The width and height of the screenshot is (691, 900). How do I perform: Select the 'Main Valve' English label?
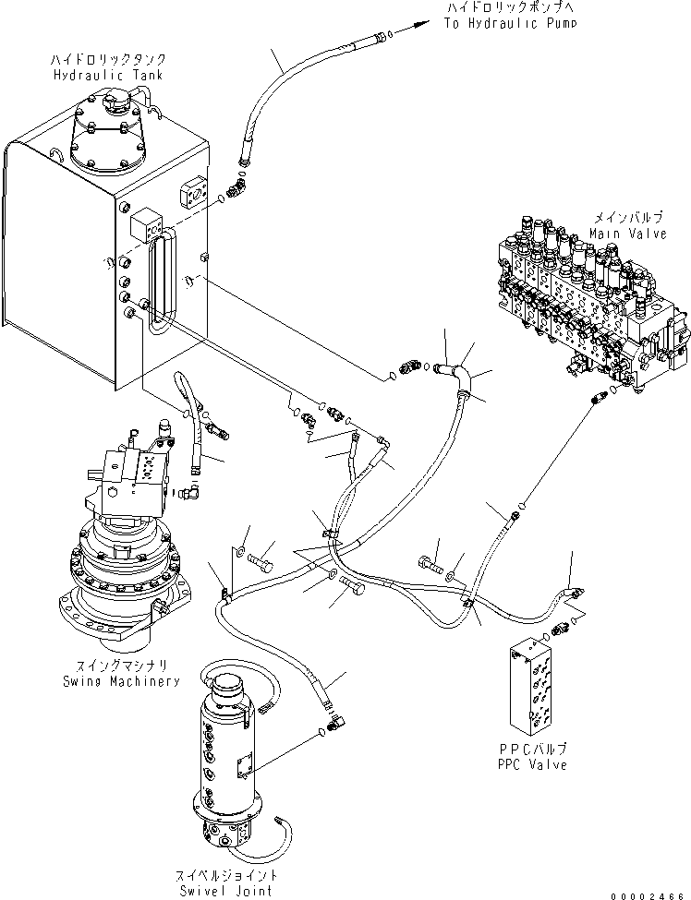coord(628,234)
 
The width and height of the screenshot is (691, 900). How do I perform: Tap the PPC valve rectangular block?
coord(539,683)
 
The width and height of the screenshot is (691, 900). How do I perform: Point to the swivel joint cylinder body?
coord(232,757)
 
